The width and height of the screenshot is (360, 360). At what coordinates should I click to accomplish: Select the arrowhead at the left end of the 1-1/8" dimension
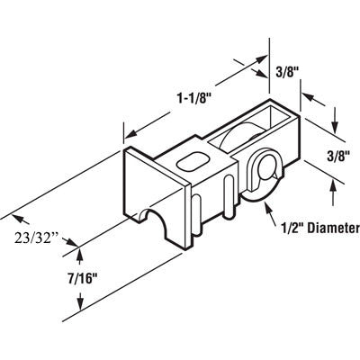(127, 132)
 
